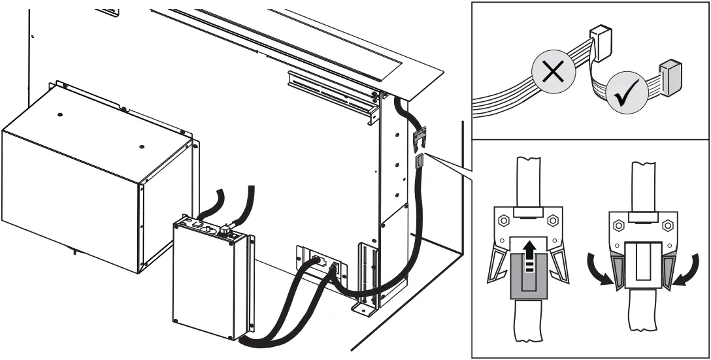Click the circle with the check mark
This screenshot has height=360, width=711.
(627, 96)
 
